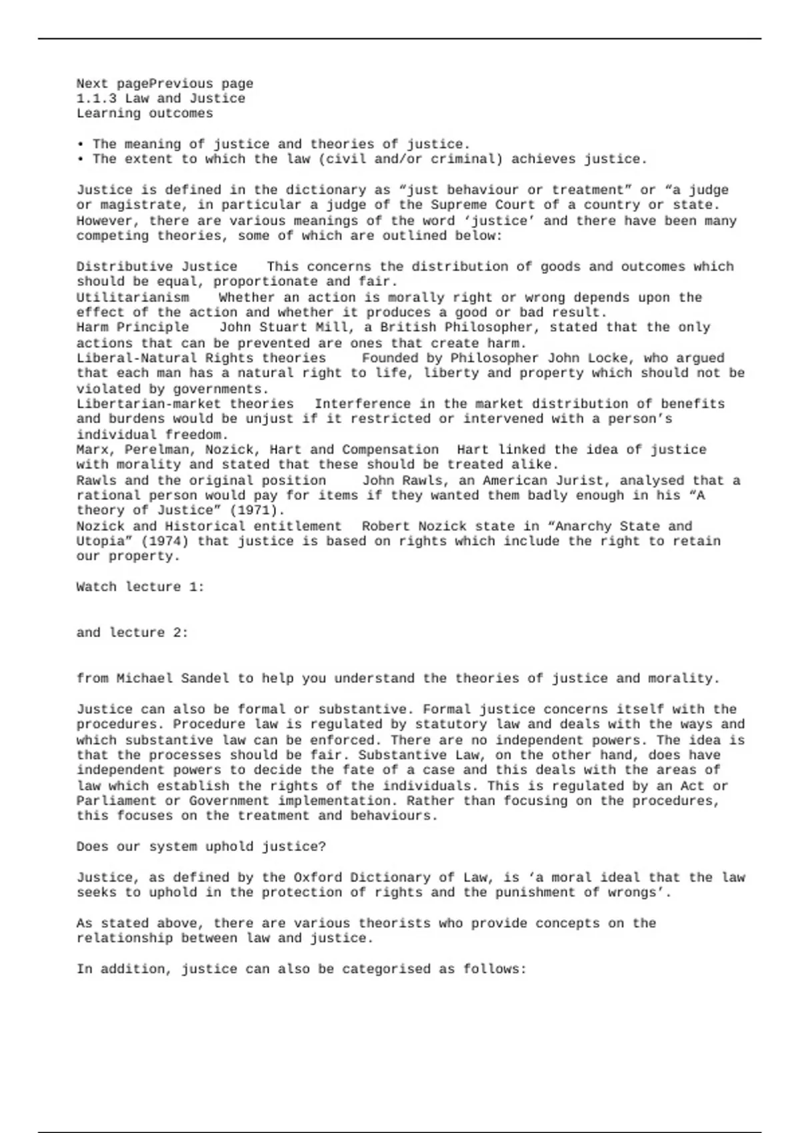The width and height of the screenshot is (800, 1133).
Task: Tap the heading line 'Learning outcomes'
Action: pyautogui.click(x=145, y=113)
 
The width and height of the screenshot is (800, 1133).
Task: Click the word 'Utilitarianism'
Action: pyautogui.click(x=133, y=297)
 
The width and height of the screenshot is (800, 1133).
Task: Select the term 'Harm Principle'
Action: pyautogui.click(x=133, y=327)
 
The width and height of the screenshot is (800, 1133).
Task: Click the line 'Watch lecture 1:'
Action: pyautogui.click(x=140, y=587)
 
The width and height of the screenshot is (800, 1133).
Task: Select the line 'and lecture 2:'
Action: pyautogui.click(x=132, y=632)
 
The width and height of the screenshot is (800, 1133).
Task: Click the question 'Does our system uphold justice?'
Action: pyautogui.click(x=201, y=847)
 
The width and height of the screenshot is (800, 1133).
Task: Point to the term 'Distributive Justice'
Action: pyautogui.click(x=157, y=267)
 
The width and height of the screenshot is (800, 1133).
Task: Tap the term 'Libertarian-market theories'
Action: pyautogui.click(x=185, y=404)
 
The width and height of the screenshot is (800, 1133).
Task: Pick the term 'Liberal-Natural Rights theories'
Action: pyautogui.click(x=201, y=358)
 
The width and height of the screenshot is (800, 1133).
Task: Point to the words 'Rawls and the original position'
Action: pyautogui.click(x=201, y=481)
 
